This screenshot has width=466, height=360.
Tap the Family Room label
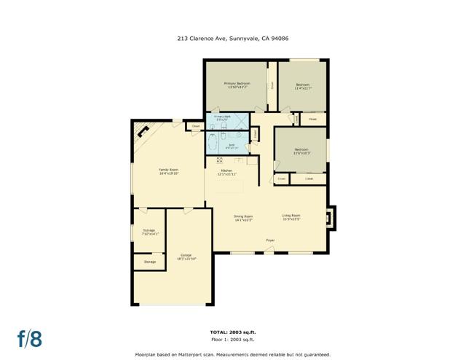[169, 171]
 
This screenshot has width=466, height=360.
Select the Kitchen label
[226, 172]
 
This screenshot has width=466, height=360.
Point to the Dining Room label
[242, 216]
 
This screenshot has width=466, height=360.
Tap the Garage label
[186, 257]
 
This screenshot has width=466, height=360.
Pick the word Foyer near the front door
[269, 239]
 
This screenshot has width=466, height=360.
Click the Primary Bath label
[223, 117]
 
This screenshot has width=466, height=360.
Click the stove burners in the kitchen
[219, 160]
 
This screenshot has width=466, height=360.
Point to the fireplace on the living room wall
[331, 217]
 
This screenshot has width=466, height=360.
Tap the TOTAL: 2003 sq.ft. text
[233, 332]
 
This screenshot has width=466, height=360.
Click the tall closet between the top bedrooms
[272, 85]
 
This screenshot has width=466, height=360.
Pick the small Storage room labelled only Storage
[149, 262]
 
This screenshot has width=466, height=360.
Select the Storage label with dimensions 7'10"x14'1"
[149, 232]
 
